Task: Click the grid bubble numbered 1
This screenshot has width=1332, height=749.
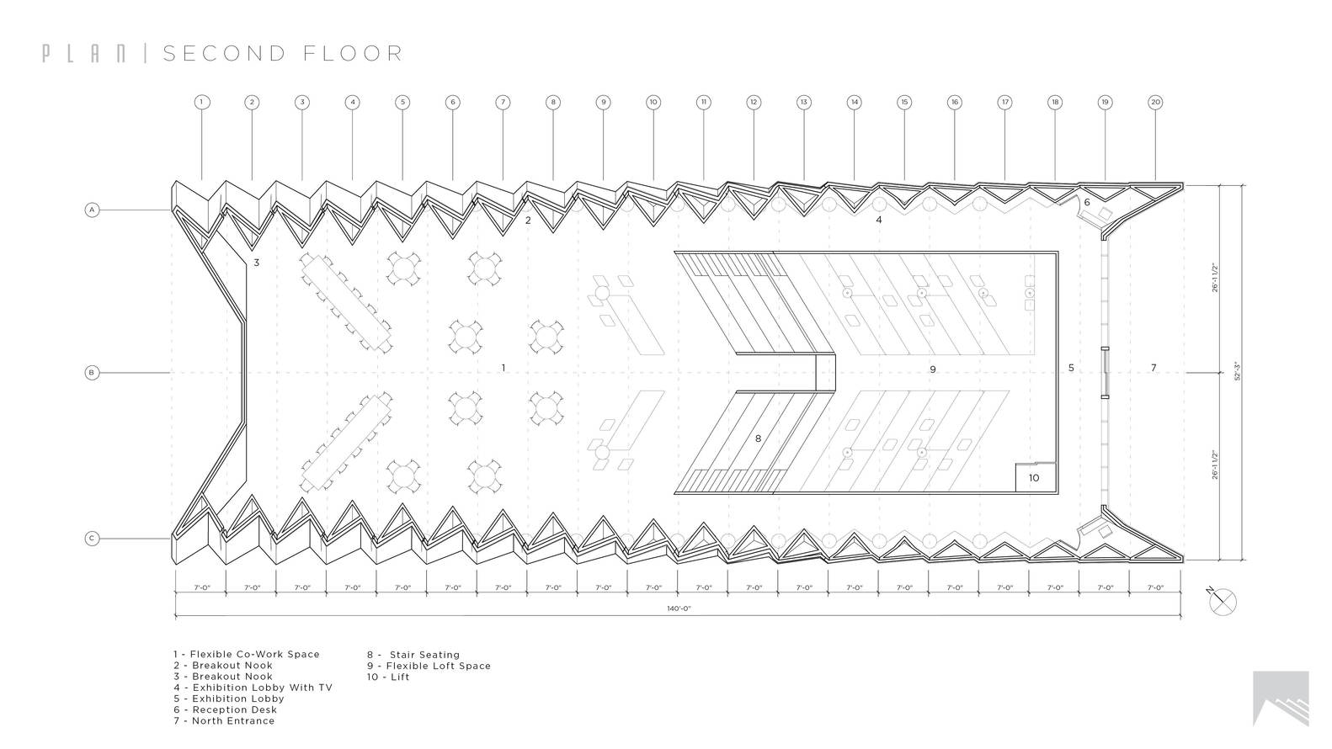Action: click(201, 103)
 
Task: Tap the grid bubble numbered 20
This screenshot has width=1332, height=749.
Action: click(1155, 103)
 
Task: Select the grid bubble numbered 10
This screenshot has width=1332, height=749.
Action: click(653, 103)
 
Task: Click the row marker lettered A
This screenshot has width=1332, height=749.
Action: click(93, 210)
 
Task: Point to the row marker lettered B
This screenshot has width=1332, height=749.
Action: click(93, 372)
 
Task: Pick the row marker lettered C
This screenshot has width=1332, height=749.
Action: click(93, 539)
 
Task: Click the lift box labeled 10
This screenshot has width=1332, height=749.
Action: click(1034, 477)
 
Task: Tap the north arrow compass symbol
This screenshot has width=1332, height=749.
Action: click(1223, 601)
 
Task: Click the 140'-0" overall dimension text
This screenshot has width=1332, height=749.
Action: click(679, 608)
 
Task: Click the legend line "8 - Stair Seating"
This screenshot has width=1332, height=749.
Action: click(413, 655)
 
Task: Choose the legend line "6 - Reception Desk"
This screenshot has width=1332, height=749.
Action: click(227, 709)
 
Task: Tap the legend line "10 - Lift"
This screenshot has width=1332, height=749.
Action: click(388, 677)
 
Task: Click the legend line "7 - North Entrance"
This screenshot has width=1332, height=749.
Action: click(224, 720)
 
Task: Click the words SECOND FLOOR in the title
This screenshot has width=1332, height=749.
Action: click(283, 54)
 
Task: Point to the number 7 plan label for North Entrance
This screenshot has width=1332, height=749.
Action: click(1154, 368)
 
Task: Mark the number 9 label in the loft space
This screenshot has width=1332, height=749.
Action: click(933, 369)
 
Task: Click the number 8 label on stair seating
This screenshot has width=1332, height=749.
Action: click(758, 438)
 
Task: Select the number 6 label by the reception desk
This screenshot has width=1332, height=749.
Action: click(1087, 203)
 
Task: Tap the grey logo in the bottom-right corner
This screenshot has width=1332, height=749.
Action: click(1281, 698)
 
